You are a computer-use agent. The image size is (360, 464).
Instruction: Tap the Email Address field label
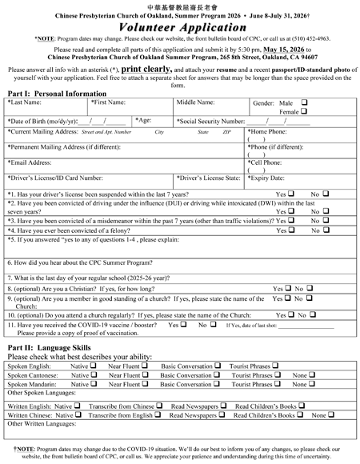33,162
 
